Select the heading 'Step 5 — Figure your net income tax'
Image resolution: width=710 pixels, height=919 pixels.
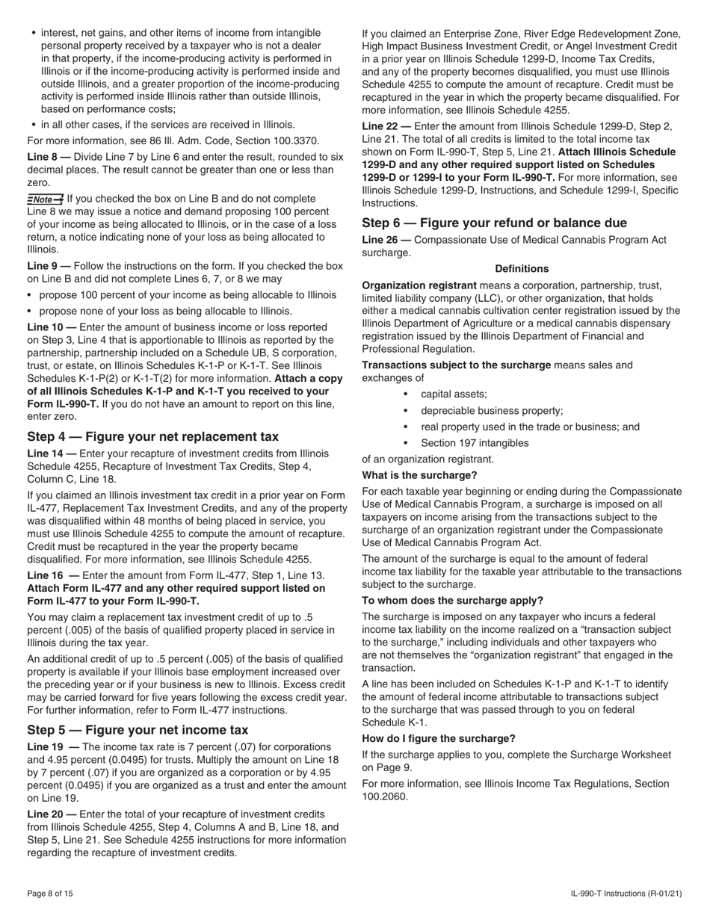coord(138,729)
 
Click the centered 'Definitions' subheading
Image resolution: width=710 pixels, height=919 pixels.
coord(522,269)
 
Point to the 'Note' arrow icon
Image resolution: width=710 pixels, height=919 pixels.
coord(45,199)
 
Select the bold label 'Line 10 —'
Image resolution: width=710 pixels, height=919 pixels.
coord(52,327)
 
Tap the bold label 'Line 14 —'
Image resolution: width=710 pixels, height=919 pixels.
coord(52,454)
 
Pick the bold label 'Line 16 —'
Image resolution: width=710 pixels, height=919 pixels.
coord(52,575)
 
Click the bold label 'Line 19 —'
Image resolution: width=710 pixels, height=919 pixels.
coord(52,746)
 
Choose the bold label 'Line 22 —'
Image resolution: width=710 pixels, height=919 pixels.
coord(386,126)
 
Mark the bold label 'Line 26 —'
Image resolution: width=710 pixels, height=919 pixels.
coord(386,240)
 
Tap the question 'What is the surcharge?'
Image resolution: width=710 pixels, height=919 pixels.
coord(419,475)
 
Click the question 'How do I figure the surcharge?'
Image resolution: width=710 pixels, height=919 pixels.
coord(439,738)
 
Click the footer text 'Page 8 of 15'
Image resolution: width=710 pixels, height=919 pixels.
coord(50,894)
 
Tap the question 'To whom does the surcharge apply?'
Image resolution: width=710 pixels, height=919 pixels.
coord(452,600)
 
